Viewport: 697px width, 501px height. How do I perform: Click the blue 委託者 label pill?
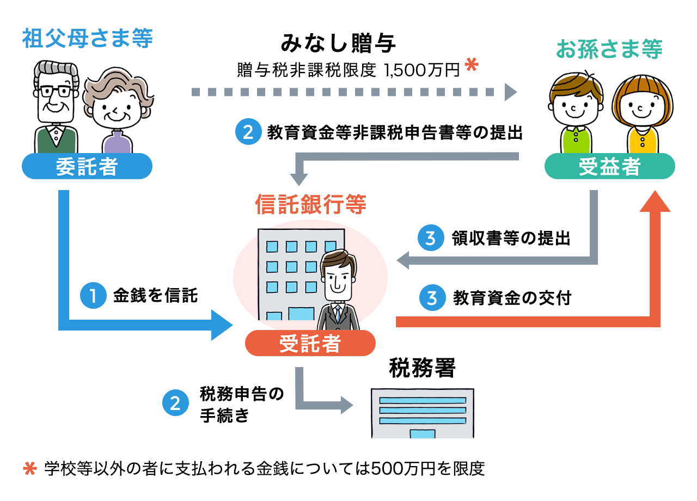point(87,167)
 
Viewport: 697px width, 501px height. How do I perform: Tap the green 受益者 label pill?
point(609,167)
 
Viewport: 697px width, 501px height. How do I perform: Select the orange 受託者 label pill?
point(310,344)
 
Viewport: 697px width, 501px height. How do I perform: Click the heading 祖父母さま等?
point(87,39)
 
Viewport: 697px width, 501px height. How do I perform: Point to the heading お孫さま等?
point(609,49)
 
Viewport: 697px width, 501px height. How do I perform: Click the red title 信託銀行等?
point(310,205)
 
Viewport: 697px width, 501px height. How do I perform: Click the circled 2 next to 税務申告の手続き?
point(175,404)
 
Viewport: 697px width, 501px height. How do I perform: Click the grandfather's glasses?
point(54,90)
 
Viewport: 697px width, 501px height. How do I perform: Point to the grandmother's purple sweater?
point(117,143)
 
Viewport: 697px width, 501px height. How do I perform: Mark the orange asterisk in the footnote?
point(29,468)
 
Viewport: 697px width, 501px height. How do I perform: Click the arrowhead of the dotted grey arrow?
point(510,91)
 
